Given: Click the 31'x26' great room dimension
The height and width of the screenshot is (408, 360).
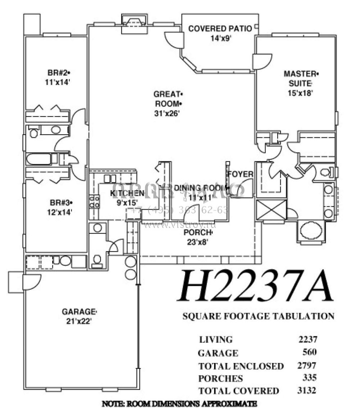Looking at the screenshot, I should [x=167, y=113].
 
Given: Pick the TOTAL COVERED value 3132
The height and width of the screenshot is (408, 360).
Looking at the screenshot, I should [x=307, y=390].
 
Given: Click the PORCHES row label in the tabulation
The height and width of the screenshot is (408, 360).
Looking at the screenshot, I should [x=220, y=378].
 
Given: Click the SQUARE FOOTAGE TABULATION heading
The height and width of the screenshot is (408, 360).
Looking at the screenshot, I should [x=258, y=316].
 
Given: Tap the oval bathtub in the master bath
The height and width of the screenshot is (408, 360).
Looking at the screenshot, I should [x=310, y=230].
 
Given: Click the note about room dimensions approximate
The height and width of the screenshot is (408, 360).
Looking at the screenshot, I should [x=180, y=403].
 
